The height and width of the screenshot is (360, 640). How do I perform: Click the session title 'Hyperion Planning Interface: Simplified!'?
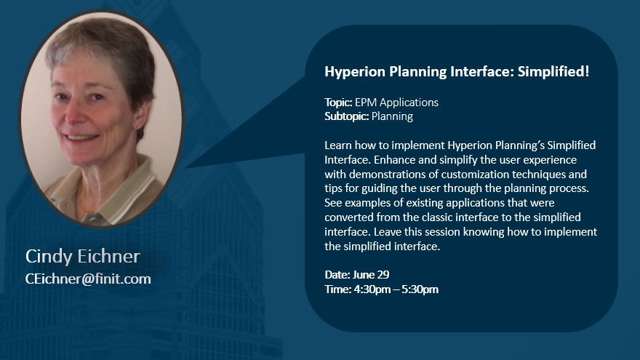(457, 72)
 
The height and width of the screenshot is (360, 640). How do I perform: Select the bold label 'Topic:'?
(338, 103)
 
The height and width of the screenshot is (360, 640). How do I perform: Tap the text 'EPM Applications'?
(396, 103)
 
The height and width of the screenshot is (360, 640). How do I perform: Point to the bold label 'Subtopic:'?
(346, 117)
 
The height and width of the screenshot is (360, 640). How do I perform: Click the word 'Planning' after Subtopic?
(392, 117)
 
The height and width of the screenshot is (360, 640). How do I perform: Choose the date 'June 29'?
(371, 275)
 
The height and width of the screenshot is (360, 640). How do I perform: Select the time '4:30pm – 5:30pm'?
(396, 289)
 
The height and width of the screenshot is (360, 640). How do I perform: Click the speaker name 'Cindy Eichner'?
(83, 256)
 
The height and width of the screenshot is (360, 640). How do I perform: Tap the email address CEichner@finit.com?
(88, 279)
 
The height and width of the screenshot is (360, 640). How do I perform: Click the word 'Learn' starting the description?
(338, 145)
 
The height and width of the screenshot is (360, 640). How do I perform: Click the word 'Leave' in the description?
(388, 232)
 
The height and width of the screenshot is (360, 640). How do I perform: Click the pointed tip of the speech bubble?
(185, 167)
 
